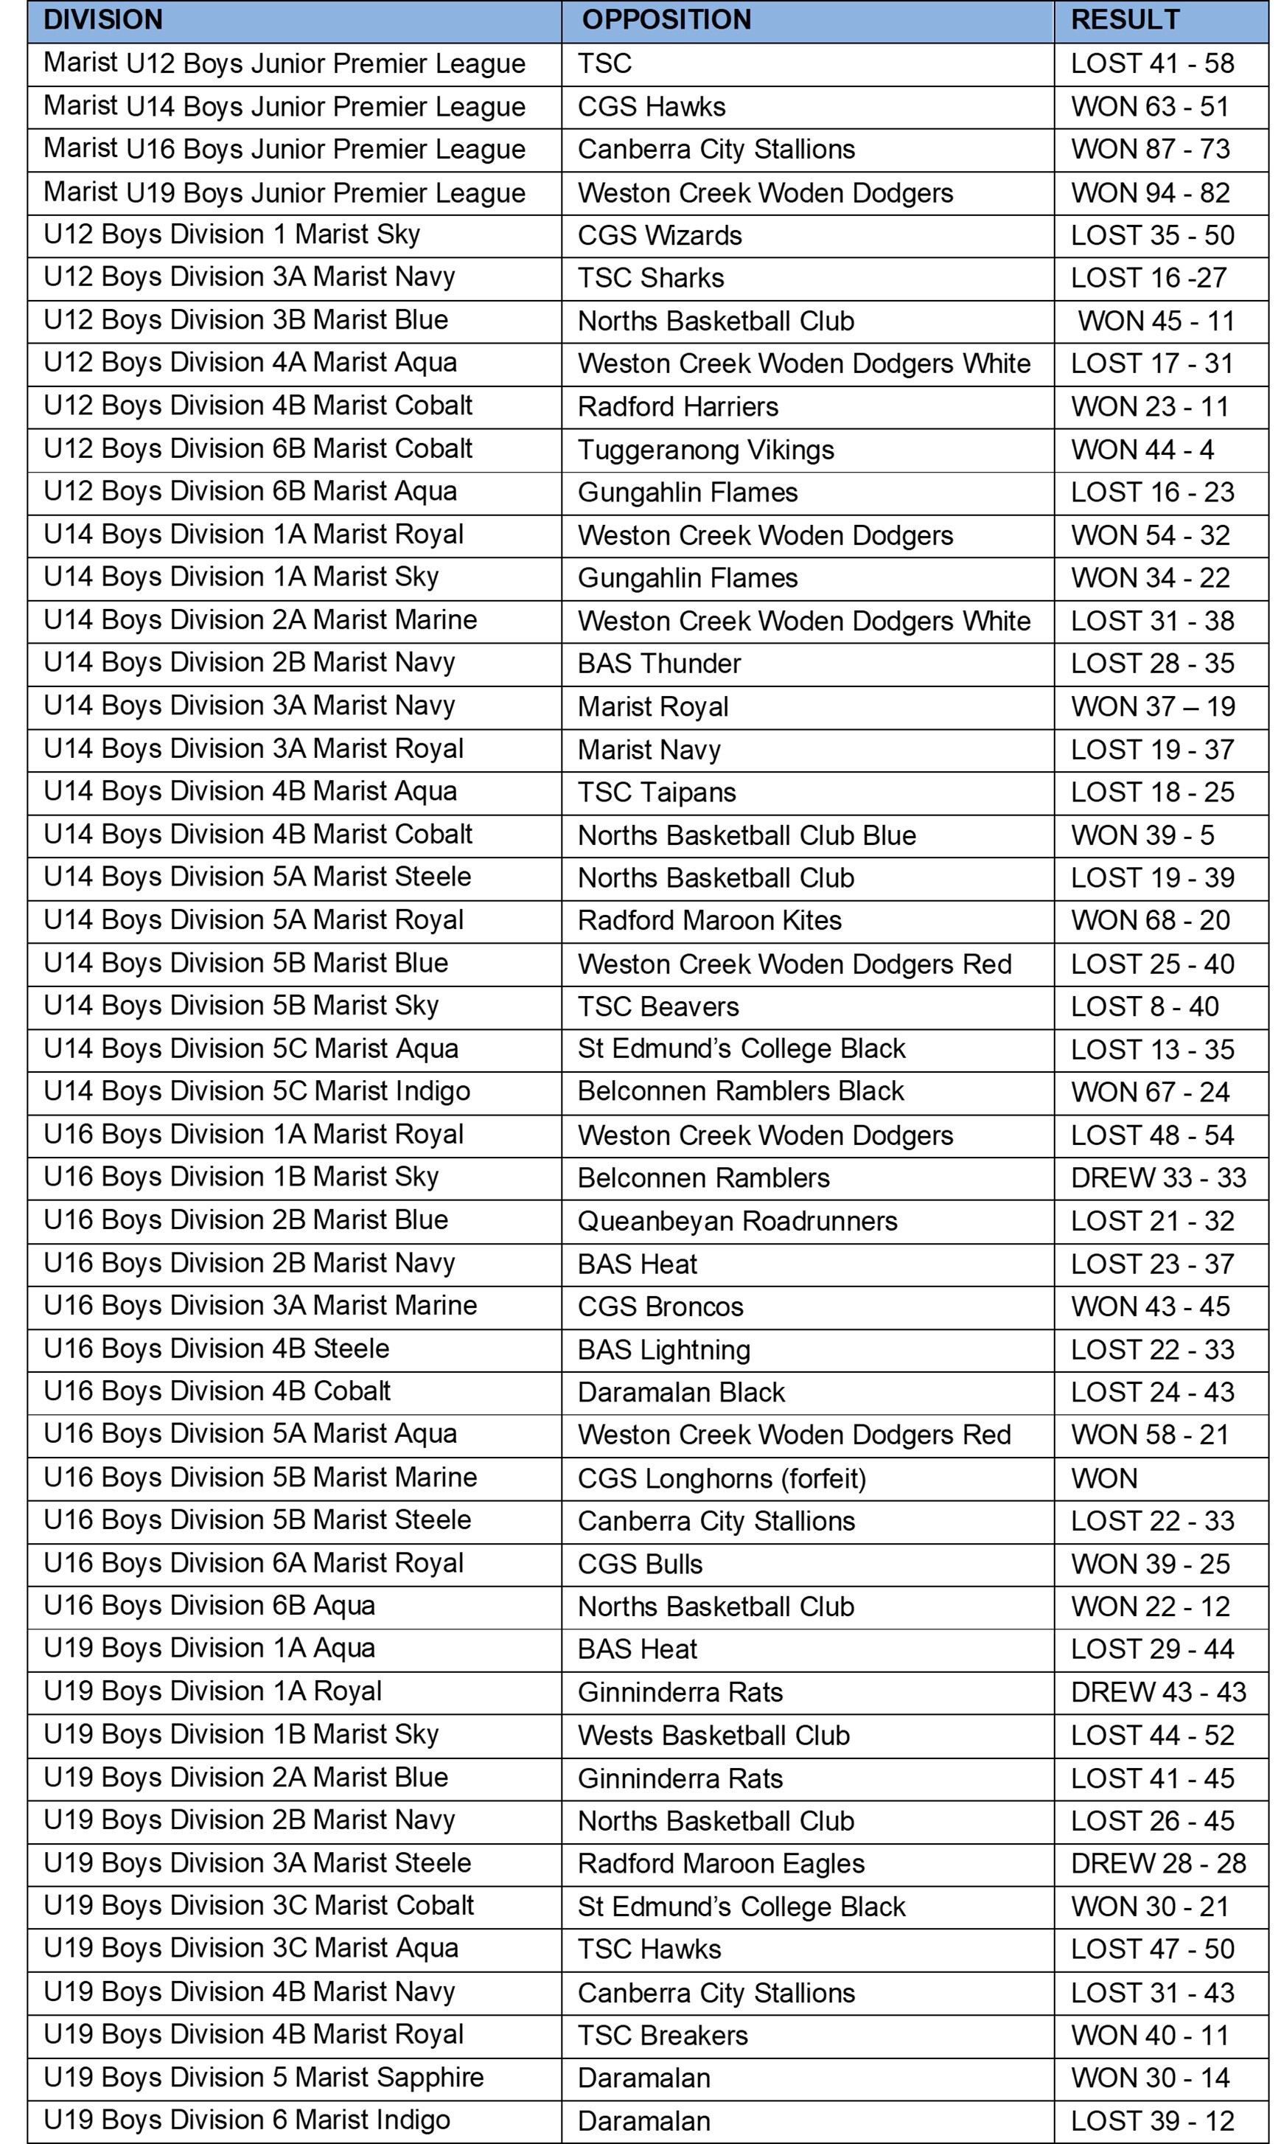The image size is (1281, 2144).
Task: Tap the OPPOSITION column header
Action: click(666, 20)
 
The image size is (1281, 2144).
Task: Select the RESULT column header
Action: click(1125, 20)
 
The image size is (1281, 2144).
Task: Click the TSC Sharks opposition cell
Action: click(651, 278)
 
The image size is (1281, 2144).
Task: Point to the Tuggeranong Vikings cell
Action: click(705, 450)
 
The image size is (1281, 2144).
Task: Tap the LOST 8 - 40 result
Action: click(1145, 1007)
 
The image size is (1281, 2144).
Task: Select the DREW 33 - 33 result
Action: click(1159, 1177)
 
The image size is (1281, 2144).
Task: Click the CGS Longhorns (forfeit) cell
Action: click(722, 1478)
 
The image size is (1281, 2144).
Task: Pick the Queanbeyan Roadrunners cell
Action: click(737, 1221)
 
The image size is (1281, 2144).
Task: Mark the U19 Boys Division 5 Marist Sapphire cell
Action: click(263, 2078)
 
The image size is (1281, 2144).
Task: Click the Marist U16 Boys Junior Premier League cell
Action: click(284, 150)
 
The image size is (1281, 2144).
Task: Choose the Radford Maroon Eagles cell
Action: click(721, 1863)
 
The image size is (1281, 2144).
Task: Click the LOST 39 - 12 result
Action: click(1152, 2120)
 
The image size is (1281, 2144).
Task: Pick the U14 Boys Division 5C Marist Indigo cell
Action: click(256, 1091)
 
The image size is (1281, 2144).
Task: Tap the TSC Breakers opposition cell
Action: click(662, 2035)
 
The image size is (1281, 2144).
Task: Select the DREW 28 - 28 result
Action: click(1159, 1863)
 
